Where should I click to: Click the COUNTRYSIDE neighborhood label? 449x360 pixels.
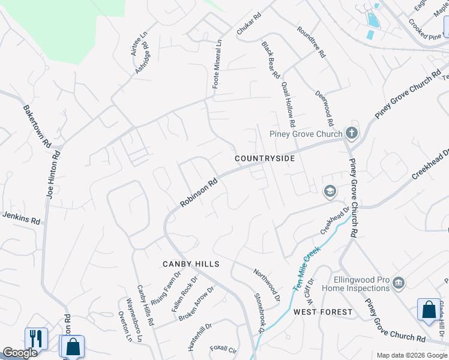pyautogui.click(x=265, y=158)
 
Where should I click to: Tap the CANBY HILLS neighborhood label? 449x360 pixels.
pyautogui.click(x=191, y=264)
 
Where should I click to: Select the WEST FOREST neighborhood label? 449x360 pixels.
pyautogui.click(x=323, y=312)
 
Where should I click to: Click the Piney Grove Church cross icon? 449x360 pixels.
pyautogui.click(x=352, y=133)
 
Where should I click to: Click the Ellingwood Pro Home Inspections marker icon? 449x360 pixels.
pyautogui.click(x=400, y=283)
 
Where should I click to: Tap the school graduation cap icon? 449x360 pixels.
pyautogui.click(x=329, y=191)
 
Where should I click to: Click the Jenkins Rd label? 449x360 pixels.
pyautogui.click(x=21, y=217)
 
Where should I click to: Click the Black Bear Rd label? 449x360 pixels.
pyautogui.click(x=271, y=60)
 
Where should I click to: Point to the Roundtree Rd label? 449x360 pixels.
pyautogui.click(x=311, y=41)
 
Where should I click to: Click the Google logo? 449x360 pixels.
pyautogui.click(x=20, y=353)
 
